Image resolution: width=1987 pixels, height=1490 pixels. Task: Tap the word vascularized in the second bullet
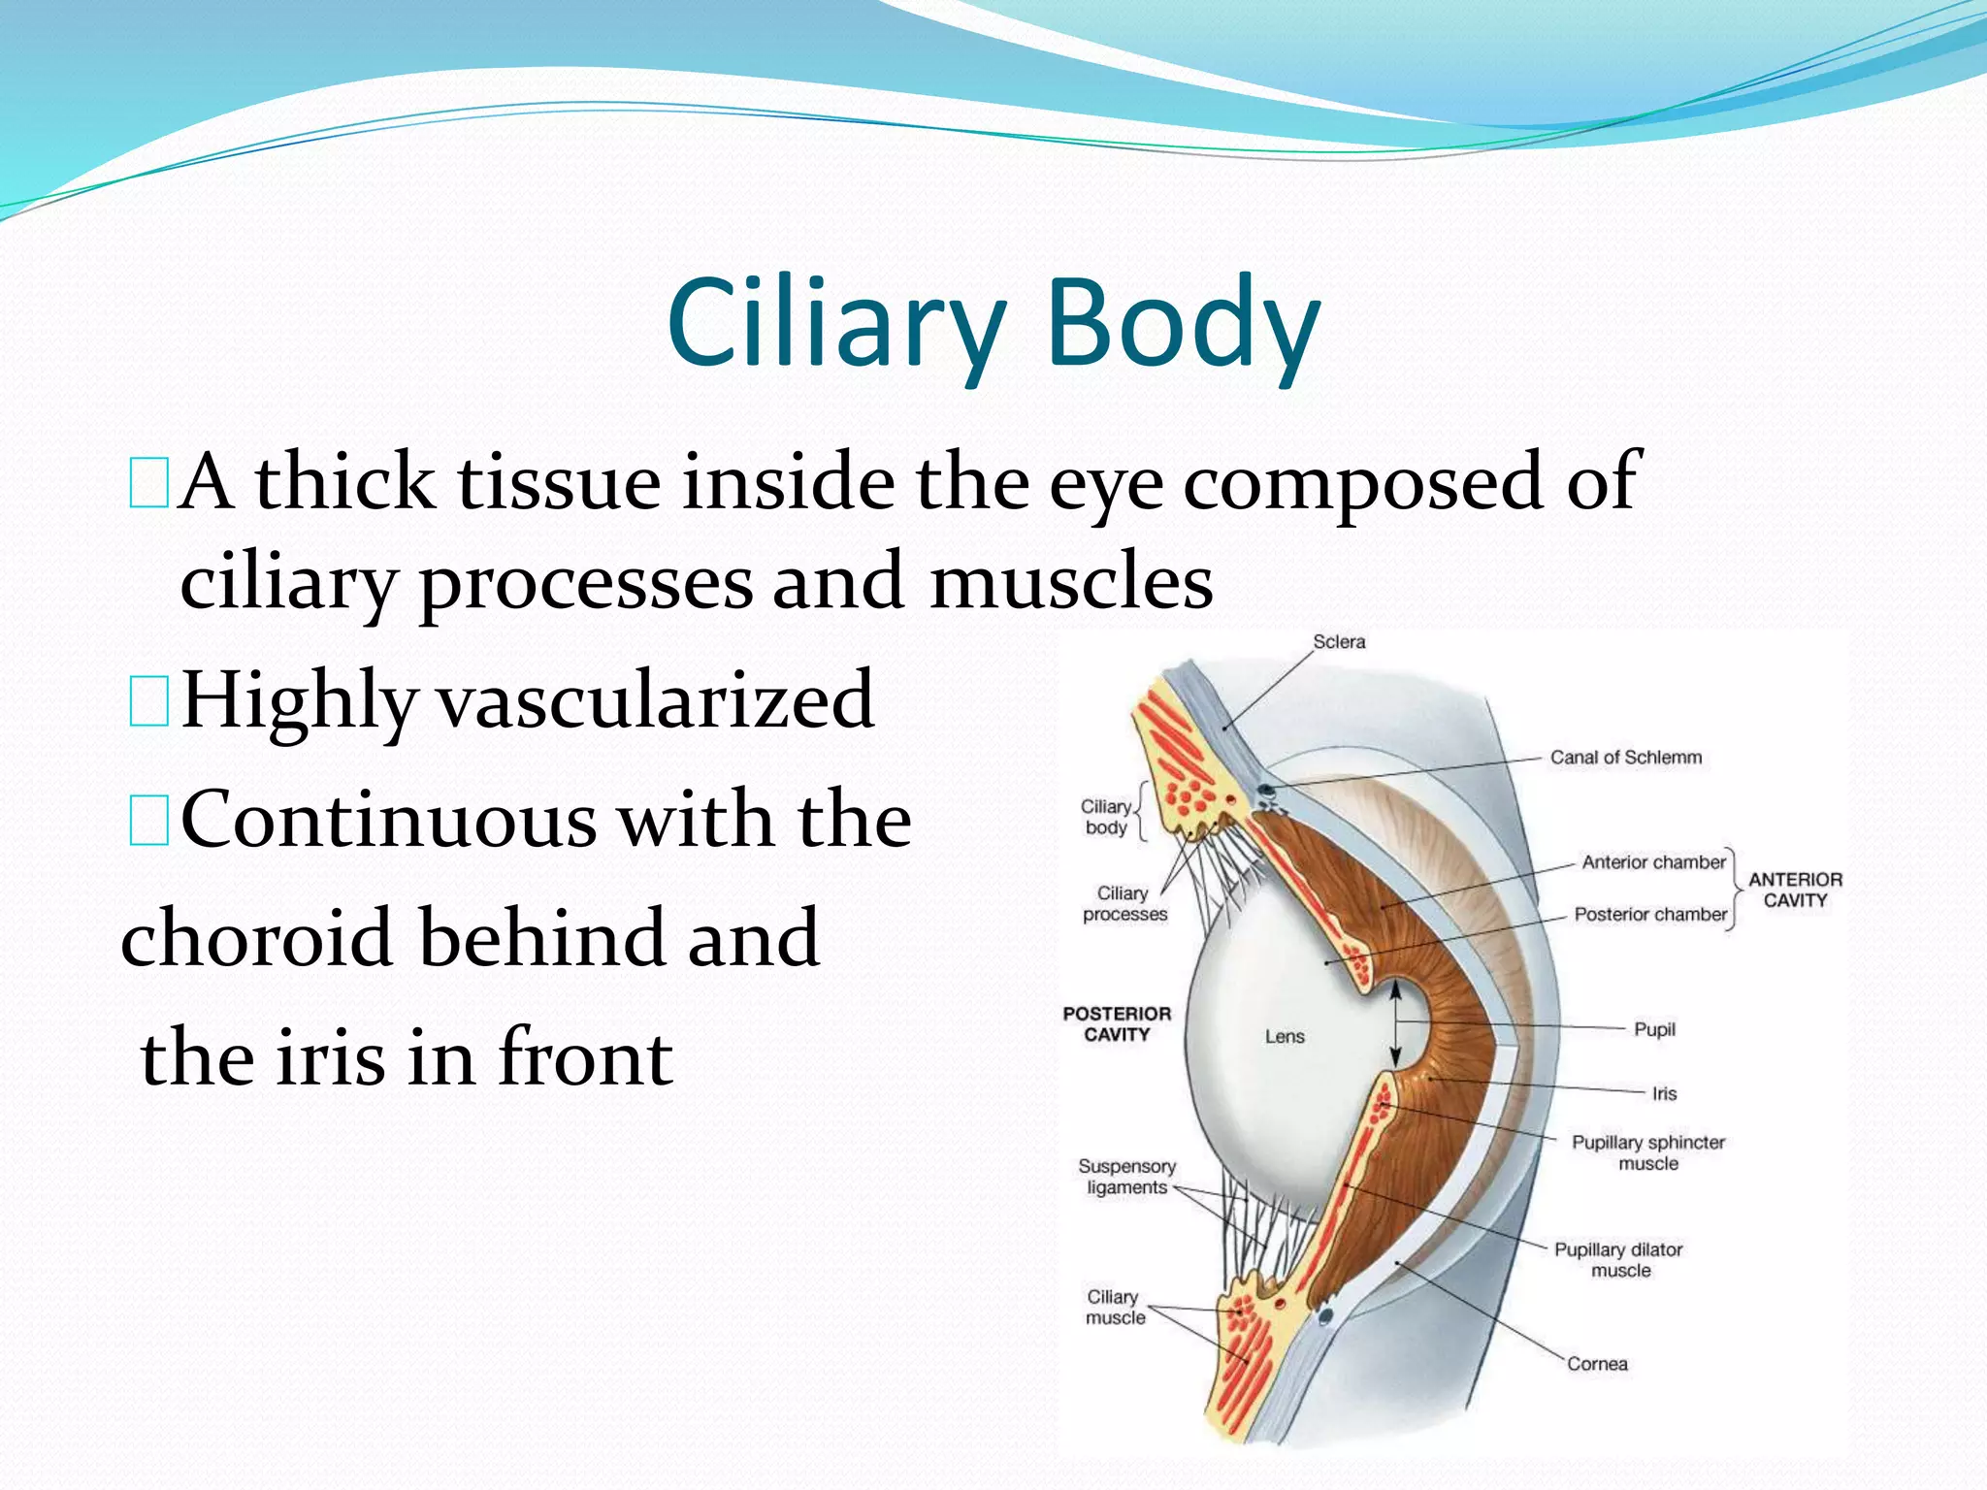pos(656,700)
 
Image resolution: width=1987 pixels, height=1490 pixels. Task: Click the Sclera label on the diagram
pos(1339,642)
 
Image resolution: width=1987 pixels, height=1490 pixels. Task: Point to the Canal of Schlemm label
pos(1625,758)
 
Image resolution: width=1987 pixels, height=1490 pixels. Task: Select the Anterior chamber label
pos(1653,862)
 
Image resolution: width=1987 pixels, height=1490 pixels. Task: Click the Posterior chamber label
pos(1649,915)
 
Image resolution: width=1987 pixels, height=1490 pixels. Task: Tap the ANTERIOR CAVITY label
pos(1795,890)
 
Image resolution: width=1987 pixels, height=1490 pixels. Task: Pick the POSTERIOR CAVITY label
pos(1117,1024)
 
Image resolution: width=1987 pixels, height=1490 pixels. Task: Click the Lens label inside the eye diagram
pos(1285,1037)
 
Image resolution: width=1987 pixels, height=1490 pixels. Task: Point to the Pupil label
pos(1654,1029)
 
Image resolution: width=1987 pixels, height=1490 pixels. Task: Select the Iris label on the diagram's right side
pos(1664,1094)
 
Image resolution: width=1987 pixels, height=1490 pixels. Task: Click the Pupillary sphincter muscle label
pos(1647,1153)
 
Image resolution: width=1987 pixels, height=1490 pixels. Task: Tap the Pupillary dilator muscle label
pos(1618,1260)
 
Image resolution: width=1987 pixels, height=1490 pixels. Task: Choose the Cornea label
pos(1597,1364)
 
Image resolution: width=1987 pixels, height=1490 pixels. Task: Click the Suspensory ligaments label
pos(1126,1177)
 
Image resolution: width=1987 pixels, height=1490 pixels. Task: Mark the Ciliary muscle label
pos(1114,1308)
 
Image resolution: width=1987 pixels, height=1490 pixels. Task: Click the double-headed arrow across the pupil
pos(1395,1024)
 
